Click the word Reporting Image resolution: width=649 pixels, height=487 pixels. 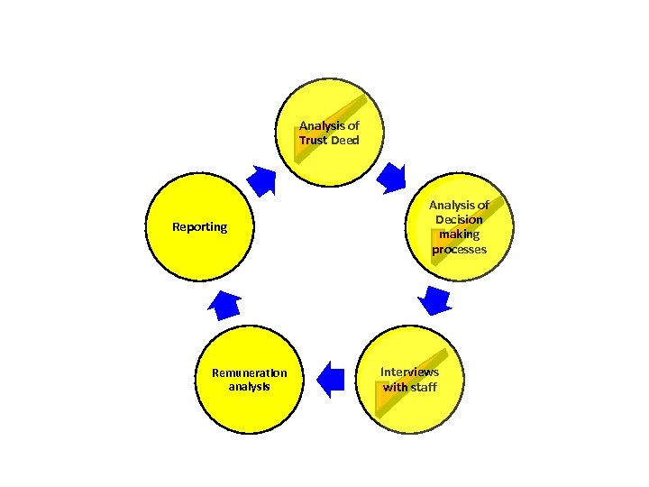[200, 226]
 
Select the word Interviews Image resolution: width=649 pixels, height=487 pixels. [409, 372]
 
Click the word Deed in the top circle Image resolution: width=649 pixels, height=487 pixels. [344, 141]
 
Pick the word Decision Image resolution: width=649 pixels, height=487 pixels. [459, 219]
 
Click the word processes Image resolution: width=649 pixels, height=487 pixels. [459, 249]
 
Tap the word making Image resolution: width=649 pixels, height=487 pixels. [459, 234]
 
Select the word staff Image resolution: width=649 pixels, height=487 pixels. [424, 387]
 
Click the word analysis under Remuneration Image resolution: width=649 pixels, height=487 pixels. [249, 387]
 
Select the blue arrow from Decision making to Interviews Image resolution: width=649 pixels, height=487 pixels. [436, 299]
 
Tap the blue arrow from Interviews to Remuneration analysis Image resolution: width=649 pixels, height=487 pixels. [332, 379]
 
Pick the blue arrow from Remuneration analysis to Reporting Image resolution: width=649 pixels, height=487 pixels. [224, 306]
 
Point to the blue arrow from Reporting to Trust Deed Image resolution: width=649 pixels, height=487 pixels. [262, 180]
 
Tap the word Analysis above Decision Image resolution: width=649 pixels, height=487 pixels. [459, 205]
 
